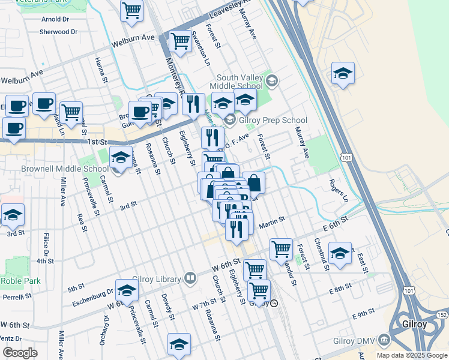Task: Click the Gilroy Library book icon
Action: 190,278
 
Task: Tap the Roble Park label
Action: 20,280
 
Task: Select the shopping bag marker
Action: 254,183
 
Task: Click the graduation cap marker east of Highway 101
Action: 343,73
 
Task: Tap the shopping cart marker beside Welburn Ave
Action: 180,41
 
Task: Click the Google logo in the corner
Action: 20,353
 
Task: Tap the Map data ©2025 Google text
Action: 411,355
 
